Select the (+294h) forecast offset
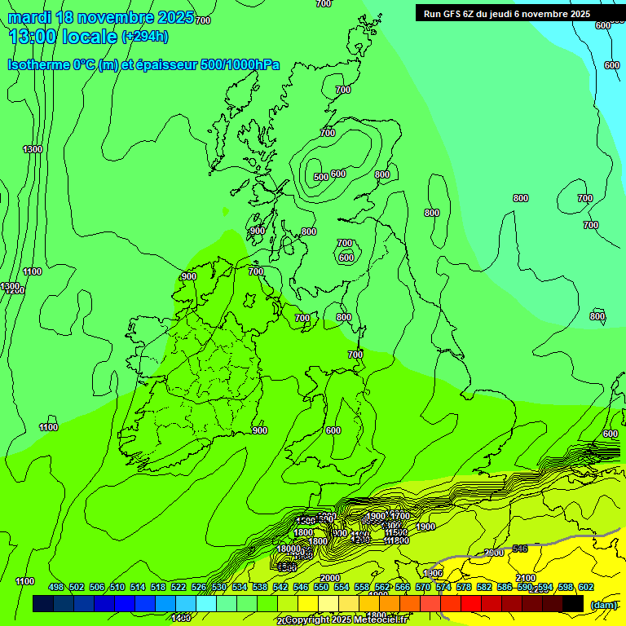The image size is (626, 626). click(x=145, y=36)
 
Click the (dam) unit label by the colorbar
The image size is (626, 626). click(x=603, y=604)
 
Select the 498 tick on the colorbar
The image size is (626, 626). click(x=56, y=588)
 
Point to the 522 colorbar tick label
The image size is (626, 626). click(x=179, y=588)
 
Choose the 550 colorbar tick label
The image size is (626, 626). click(x=321, y=588)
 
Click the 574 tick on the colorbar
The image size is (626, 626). click(x=443, y=588)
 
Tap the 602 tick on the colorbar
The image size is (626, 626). click(x=586, y=588)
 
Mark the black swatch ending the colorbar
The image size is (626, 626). click(x=573, y=603)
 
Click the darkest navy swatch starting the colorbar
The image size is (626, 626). click(x=43, y=603)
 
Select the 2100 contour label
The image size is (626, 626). click(x=526, y=578)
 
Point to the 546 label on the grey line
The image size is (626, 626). click(x=519, y=549)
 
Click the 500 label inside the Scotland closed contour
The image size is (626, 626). click(x=321, y=176)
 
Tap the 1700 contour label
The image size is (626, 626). click(x=399, y=516)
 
